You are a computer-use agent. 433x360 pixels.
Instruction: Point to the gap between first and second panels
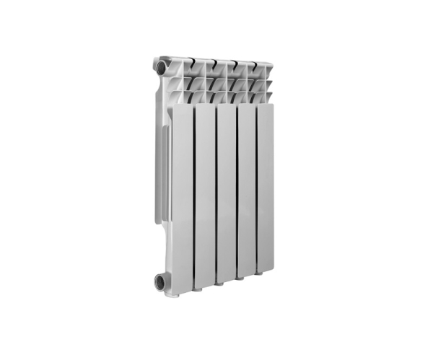tap(193, 195)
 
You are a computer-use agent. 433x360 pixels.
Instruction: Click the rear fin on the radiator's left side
tap(160, 173)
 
